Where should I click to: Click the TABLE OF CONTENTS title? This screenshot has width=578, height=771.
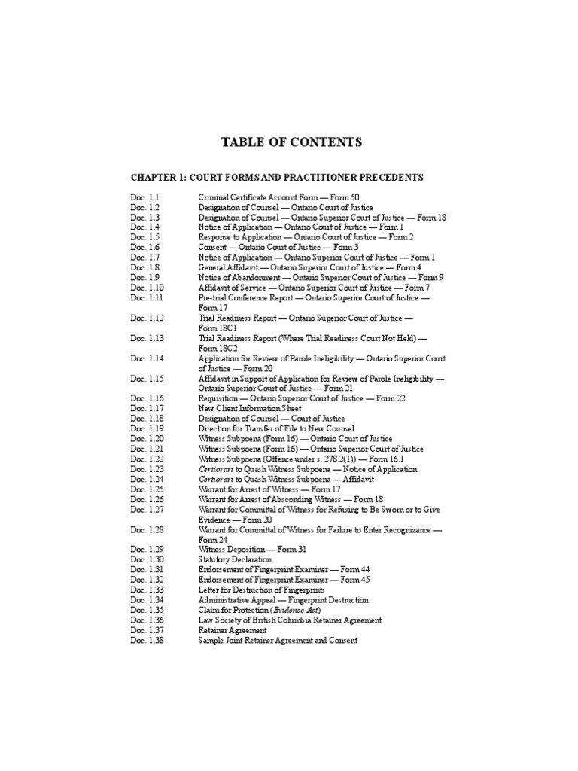click(291, 142)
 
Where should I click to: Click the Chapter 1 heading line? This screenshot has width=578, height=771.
click(277, 178)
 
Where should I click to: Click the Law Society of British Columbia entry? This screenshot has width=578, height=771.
click(290, 620)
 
